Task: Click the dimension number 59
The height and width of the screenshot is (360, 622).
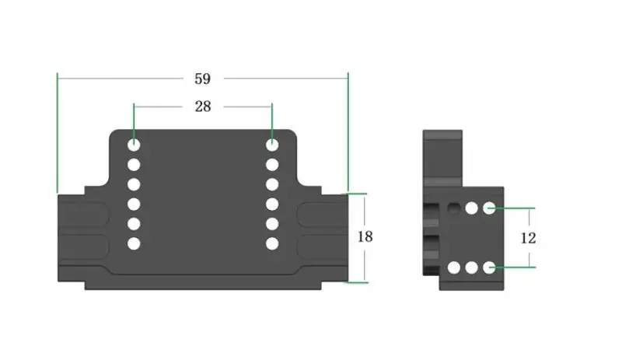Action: pos(202,79)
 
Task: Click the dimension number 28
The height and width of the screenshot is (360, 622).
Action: pos(203,107)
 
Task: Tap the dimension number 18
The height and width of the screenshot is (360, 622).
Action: pos(365,237)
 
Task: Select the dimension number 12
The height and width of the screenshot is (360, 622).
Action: pos(528,238)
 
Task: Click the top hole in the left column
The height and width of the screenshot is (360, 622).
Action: pos(134,145)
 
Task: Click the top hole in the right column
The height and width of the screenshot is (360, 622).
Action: pos(272,145)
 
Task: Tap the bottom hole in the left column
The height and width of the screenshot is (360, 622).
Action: pos(134,243)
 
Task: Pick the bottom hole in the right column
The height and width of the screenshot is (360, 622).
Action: pos(272,243)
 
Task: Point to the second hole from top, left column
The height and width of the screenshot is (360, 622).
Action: pos(134,165)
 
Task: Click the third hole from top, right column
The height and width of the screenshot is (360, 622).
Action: pos(272,184)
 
